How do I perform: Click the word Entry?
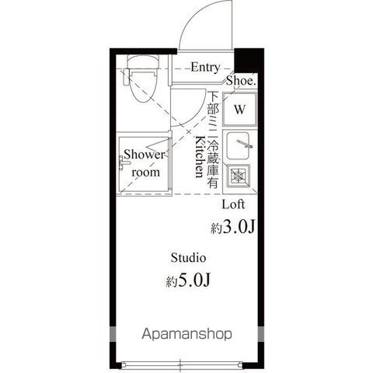click(205, 68)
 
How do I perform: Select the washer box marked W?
click(239, 109)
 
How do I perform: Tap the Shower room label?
click(145, 163)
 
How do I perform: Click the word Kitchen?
click(200, 158)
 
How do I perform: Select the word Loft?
click(234, 205)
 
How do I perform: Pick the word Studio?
click(188, 257)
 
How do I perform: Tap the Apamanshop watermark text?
click(186, 335)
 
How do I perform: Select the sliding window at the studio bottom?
click(180, 362)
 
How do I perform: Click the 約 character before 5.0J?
click(171, 282)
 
